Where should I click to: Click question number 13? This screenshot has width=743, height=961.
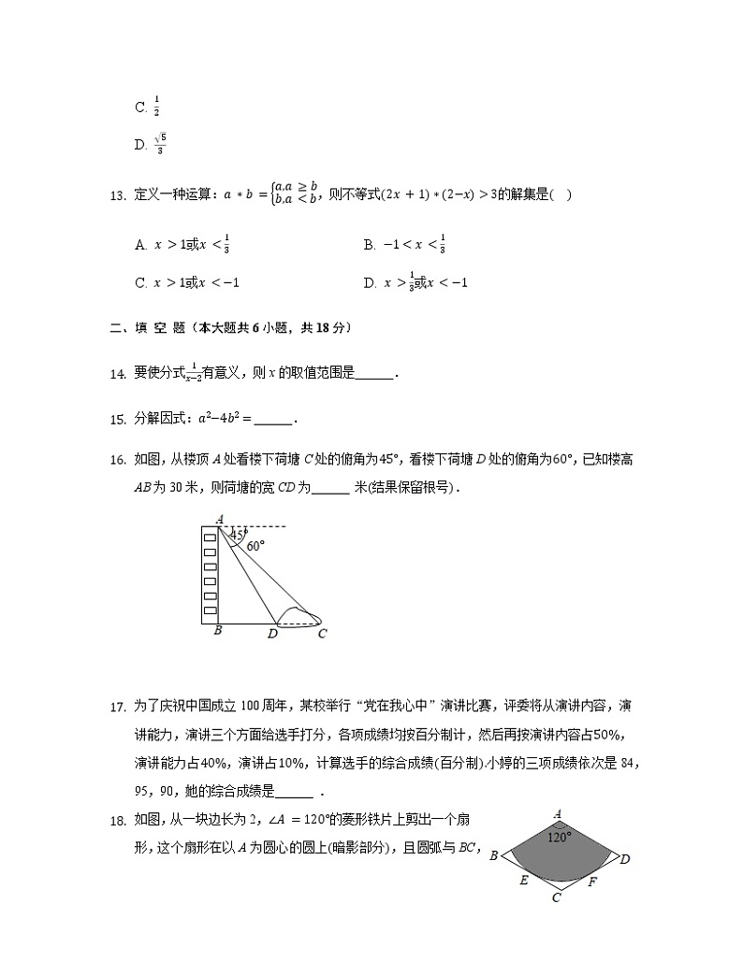coord(117,195)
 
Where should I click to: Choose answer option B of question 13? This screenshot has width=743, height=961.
coord(404,245)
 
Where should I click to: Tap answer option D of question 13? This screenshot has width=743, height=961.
coord(415,282)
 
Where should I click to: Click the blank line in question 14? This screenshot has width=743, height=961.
coord(375,374)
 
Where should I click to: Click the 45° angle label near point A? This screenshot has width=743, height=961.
coord(238,535)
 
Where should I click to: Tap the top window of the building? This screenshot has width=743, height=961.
coord(210,538)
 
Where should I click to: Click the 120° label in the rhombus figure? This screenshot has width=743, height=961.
coord(559,838)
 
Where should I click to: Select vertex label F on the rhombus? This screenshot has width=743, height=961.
coord(592,881)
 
